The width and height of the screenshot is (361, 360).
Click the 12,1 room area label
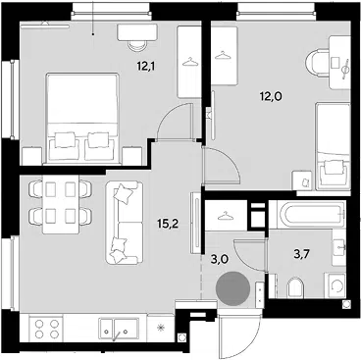click(x=146, y=67)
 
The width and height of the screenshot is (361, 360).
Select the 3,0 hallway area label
click(x=219, y=261)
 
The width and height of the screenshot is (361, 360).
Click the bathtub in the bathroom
click(x=311, y=215)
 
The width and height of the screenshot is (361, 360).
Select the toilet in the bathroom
click(x=295, y=288)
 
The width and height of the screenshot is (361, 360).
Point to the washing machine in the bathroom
click(x=335, y=286)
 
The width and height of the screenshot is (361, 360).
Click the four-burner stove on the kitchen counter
click(x=46, y=329)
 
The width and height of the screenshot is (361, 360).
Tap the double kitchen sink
click(x=119, y=329)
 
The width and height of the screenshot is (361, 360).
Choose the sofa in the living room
click(x=125, y=223)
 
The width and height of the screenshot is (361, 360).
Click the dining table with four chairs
click(x=61, y=204)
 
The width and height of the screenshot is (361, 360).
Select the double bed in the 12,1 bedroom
click(x=82, y=118)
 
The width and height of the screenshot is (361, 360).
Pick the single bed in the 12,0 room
click(x=333, y=146)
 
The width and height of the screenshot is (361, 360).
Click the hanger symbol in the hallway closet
click(x=225, y=215)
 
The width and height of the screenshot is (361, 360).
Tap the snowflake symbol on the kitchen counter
click(x=160, y=328)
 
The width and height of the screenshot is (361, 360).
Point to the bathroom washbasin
click(x=339, y=247)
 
